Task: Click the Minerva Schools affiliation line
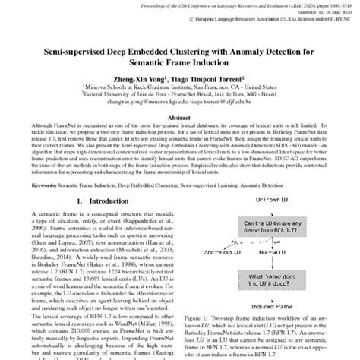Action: [x=180, y=93]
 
